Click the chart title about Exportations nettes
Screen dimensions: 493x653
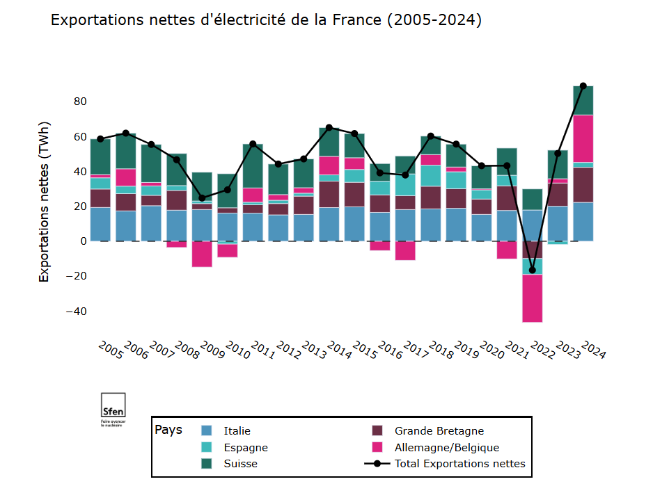pyautogui.click(x=266, y=20)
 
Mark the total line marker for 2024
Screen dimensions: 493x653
pyautogui.click(x=583, y=86)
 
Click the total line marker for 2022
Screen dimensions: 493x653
pyautogui.click(x=533, y=270)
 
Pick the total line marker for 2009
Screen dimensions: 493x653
pyautogui.click(x=202, y=197)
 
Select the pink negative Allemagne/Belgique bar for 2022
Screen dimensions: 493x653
pyautogui.click(x=533, y=298)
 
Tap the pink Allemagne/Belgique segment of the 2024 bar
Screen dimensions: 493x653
pyautogui.click(x=583, y=138)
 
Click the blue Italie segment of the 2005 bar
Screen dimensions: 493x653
pyautogui.click(x=100, y=224)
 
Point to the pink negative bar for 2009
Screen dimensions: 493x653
pyautogui.click(x=202, y=254)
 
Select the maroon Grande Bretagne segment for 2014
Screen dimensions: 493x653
pyautogui.click(x=329, y=194)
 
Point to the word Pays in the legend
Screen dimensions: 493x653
pyautogui.click(x=168, y=430)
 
